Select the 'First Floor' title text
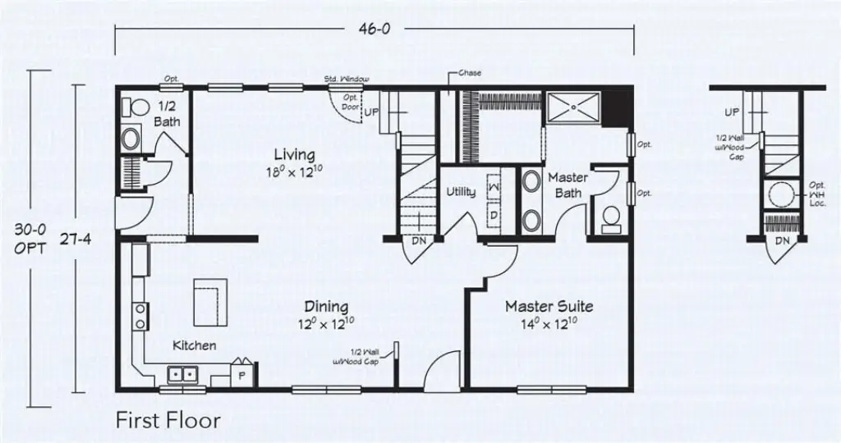point(168,421)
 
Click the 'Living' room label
point(294,154)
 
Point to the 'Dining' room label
point(326,307)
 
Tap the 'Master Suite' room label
point(549,307)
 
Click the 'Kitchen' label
point(195,345)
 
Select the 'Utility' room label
point(461,192)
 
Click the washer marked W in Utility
point(495,186)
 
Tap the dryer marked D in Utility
point(495,214)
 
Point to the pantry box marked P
point(242,373)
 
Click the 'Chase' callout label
point(470,73)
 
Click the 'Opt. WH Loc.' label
point(816,194)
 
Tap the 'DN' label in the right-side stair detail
point(782,241)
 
